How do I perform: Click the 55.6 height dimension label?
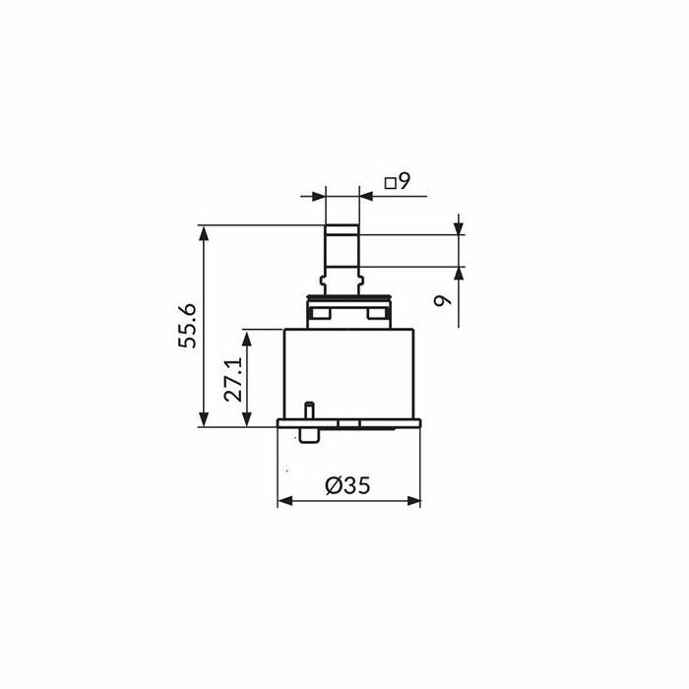tap(188, 326)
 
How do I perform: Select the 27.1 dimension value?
tap(233, 379)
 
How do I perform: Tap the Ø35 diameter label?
tap(348, 485)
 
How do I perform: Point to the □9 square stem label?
tap(398, 180)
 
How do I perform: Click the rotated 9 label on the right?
tap(443, 300)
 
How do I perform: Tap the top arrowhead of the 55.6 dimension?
tap(203, 233)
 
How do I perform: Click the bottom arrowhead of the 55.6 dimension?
tap(203, 418)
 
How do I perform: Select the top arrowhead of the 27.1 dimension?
tap(246, 338)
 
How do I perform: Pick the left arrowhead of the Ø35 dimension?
tap(285, 500)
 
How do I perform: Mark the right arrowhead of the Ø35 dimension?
tap(412, 500)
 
